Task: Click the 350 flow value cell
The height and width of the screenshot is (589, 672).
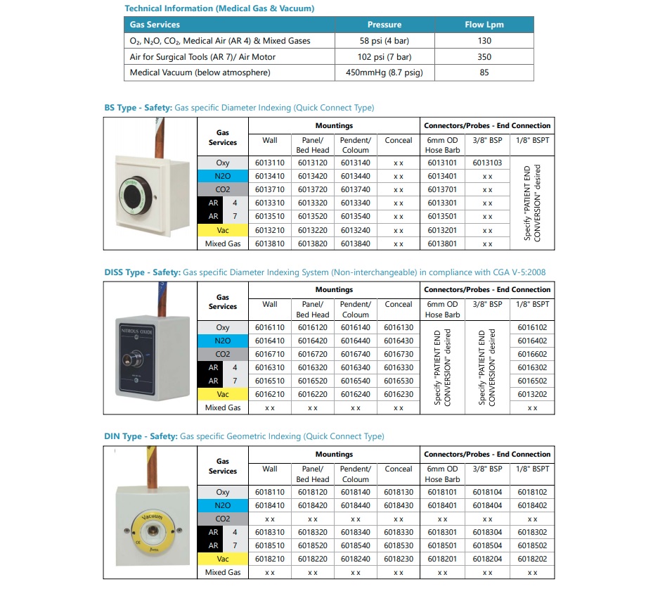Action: pos(484,56)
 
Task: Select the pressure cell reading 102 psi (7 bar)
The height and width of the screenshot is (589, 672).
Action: pos(384,56)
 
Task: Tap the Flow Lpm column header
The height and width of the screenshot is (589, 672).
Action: pos(484,25)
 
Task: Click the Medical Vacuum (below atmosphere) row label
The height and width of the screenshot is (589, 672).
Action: pos(200,72)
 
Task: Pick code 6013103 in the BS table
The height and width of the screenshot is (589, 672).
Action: pos(486,163)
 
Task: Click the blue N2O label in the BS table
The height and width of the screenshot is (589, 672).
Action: pos(223,176)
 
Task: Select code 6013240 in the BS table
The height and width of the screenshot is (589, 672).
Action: pos(355,230)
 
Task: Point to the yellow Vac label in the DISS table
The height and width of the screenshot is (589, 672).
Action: pos(223,394)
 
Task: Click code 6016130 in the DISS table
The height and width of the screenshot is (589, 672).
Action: pos(399,327)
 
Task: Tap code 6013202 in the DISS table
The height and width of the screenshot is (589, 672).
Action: pos(532,394)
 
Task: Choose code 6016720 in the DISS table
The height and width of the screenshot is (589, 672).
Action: pos(313,354)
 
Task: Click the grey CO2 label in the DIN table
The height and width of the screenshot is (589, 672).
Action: pos(223,519)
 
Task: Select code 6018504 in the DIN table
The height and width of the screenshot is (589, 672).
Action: pos(486,545)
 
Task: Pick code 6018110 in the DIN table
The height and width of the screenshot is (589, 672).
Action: pos(270,492)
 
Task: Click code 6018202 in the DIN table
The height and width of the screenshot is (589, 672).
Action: pos(532,559)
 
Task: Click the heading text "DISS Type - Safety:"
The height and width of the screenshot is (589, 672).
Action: pos(142,272)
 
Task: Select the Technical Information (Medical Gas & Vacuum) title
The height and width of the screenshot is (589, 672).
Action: pos(219,8)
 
